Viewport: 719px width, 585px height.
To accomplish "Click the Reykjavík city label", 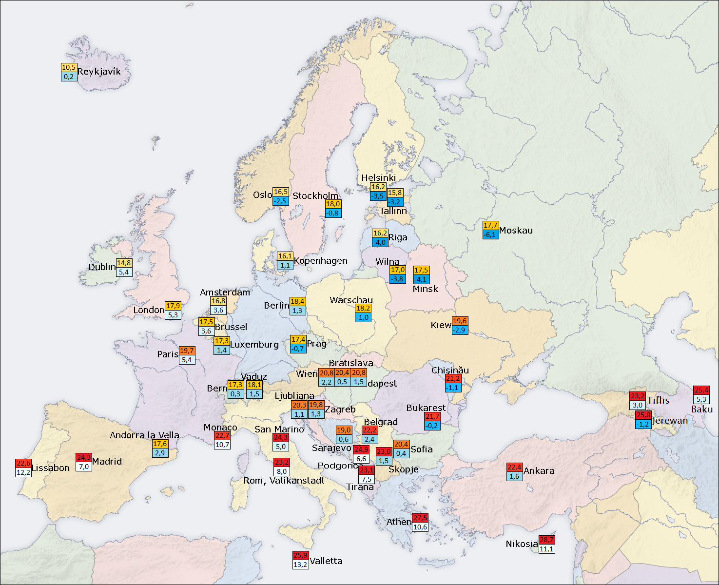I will pyautogui.click(x=99, y=72).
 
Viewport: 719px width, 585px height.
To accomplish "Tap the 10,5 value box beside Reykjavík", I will pyautogui.click(x=69, y=67).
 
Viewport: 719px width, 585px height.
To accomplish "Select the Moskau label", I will pyautogui.click(x=516, y=231).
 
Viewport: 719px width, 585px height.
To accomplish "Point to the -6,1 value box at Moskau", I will pyautogui.click(x=490, y=234).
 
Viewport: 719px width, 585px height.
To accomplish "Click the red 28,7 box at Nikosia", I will pyautogui.click(x=546, y=540).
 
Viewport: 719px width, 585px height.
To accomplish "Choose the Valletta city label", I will pyautogui.click(x=326, y=561).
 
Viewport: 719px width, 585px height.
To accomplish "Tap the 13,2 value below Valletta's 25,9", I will pyautogui.click(x=300, y=565).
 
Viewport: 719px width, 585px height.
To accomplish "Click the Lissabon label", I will pyautogui.click(x=51, y=468).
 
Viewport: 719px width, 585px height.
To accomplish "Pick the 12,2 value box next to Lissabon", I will pyautogui.click(x=23, y=472).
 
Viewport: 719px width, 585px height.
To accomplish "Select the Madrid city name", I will pyautogui.click(x=107, y=462).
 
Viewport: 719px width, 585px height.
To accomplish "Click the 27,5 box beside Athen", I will pyautogui.click(x=420, y=518).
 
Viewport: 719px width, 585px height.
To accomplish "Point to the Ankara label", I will pyautogui.click(x=539, y=471).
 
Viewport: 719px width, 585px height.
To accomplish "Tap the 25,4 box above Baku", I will pyautogui.click(x=701, y=390).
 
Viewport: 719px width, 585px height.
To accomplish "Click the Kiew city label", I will pyautogui.click(x=441, y=325).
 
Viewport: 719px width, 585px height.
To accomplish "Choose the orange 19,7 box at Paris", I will pyautogui.click(x=187, y=351).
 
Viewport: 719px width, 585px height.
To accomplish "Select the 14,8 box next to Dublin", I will pyautogui.click(x=124, y=263).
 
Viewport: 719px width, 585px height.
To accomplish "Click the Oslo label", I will pyautogui.click(x=262, y=195).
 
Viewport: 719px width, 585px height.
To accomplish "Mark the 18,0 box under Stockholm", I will pyautogui.click(x=333, y=204).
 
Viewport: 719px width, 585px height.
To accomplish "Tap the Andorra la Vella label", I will pyautogui.click(x=144, y=435).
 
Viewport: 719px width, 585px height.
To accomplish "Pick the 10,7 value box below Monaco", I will pyautogui.click(x=222, y=445).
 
